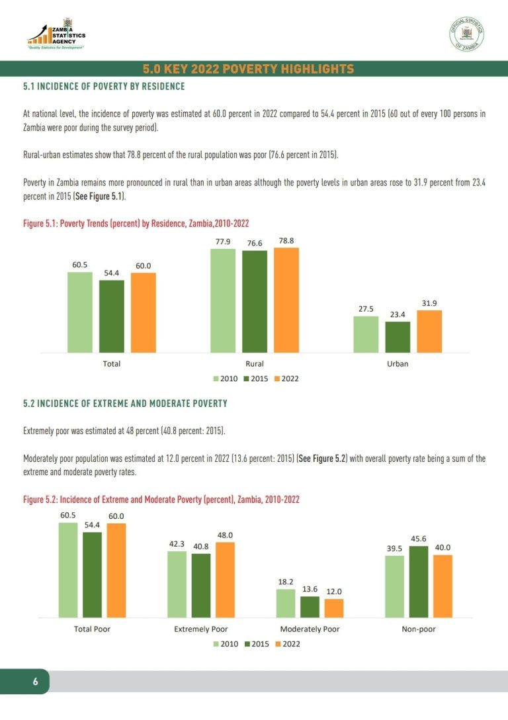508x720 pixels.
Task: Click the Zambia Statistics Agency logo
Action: click(x=56, y=34)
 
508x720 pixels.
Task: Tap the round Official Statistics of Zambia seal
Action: click(x=466, y=34)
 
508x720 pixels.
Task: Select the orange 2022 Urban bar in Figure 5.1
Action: click(x=429, y=332)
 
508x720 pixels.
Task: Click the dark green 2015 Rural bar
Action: click(x=255, y=302)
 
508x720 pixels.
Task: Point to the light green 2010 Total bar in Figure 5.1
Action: click(x=80, y=312)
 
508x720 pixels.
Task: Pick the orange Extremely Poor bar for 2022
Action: click(x=225, y=580)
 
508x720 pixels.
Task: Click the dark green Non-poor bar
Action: click(x=419, y=582)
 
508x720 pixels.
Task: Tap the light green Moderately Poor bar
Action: click(x=286, y=604)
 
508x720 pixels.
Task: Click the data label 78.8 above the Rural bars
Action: click(x=286, y=241)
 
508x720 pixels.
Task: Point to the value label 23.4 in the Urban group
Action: click(x=398, y=314)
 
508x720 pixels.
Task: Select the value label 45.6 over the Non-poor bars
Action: click(x=419, y=539)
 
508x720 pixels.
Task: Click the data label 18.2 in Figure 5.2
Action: click(x=286, y=582)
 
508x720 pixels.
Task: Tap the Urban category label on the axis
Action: click(x=398, y=364)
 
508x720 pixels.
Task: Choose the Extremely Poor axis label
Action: click(x=200, y=629)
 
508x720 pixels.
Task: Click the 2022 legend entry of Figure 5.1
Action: click(x=286, y=379)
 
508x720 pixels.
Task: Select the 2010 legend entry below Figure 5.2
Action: click(x=226, y=645)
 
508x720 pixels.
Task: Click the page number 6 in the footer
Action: click(x=35, y=682)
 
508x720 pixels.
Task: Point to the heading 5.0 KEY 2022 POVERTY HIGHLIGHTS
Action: click(x=248, y=69)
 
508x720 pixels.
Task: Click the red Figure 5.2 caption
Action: click(x=161, y=500)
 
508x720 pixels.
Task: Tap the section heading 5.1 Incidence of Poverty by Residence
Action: click(x=104, y=86)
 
